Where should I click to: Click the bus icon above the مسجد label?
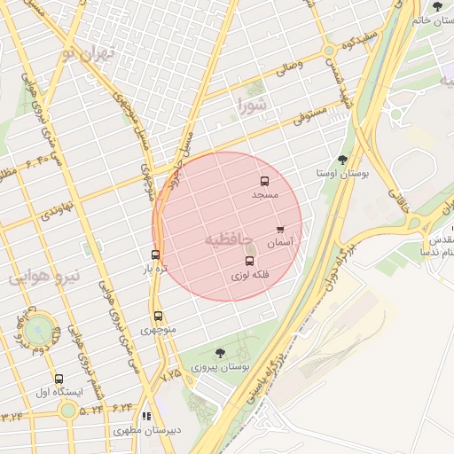pos(264,181)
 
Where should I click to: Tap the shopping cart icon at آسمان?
pos(281,230)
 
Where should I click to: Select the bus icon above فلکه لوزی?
pos(249,262)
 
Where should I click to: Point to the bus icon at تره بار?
pos(156,255)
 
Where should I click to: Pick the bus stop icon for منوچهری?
pos(158,317)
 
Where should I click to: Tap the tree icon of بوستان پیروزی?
pos(220,353)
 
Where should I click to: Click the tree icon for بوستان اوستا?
pos(342,160)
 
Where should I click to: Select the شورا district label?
pos(252,106)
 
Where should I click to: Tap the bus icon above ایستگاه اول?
pos(59,379)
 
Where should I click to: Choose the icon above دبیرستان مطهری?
pos(146,416)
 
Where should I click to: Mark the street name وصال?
pos(289,65)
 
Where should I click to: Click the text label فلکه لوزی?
pos(249,276)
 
